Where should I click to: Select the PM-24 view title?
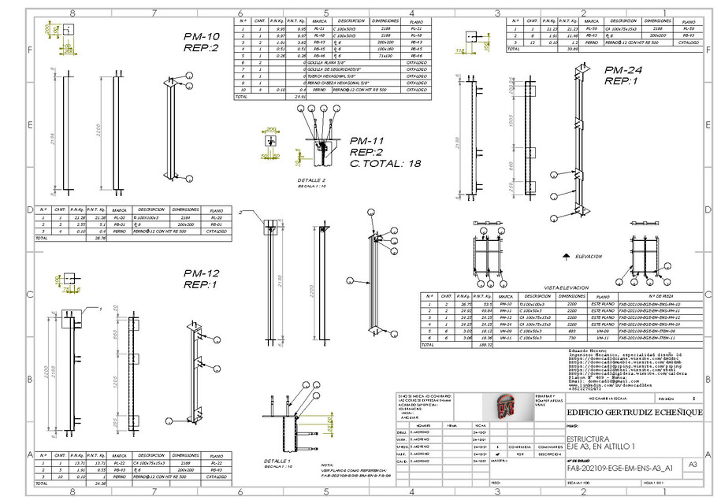point(623,70)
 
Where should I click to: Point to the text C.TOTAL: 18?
point(386,163)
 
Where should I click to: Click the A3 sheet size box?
point(693,465)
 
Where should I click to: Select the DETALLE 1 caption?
point(277,461)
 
